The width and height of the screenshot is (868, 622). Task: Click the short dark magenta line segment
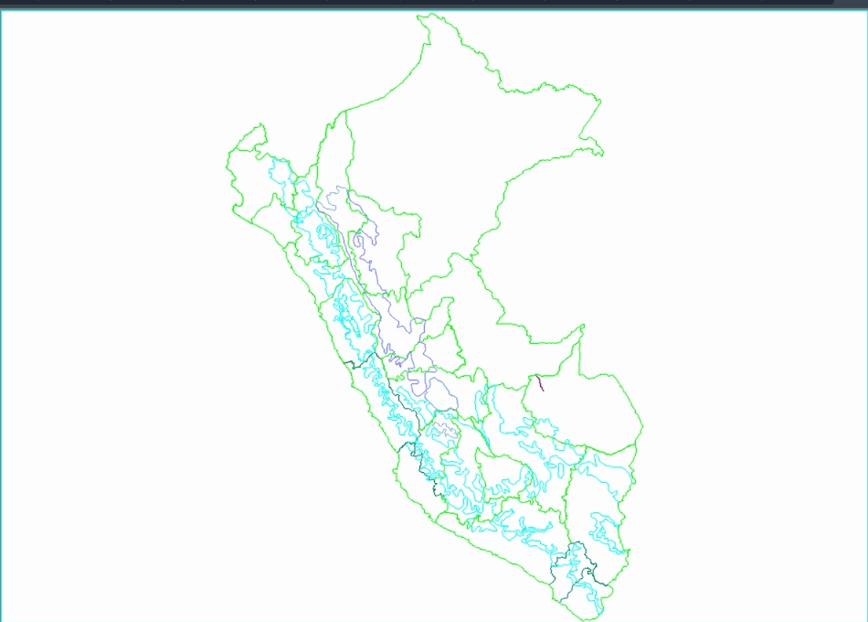[x=539, y=383]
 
